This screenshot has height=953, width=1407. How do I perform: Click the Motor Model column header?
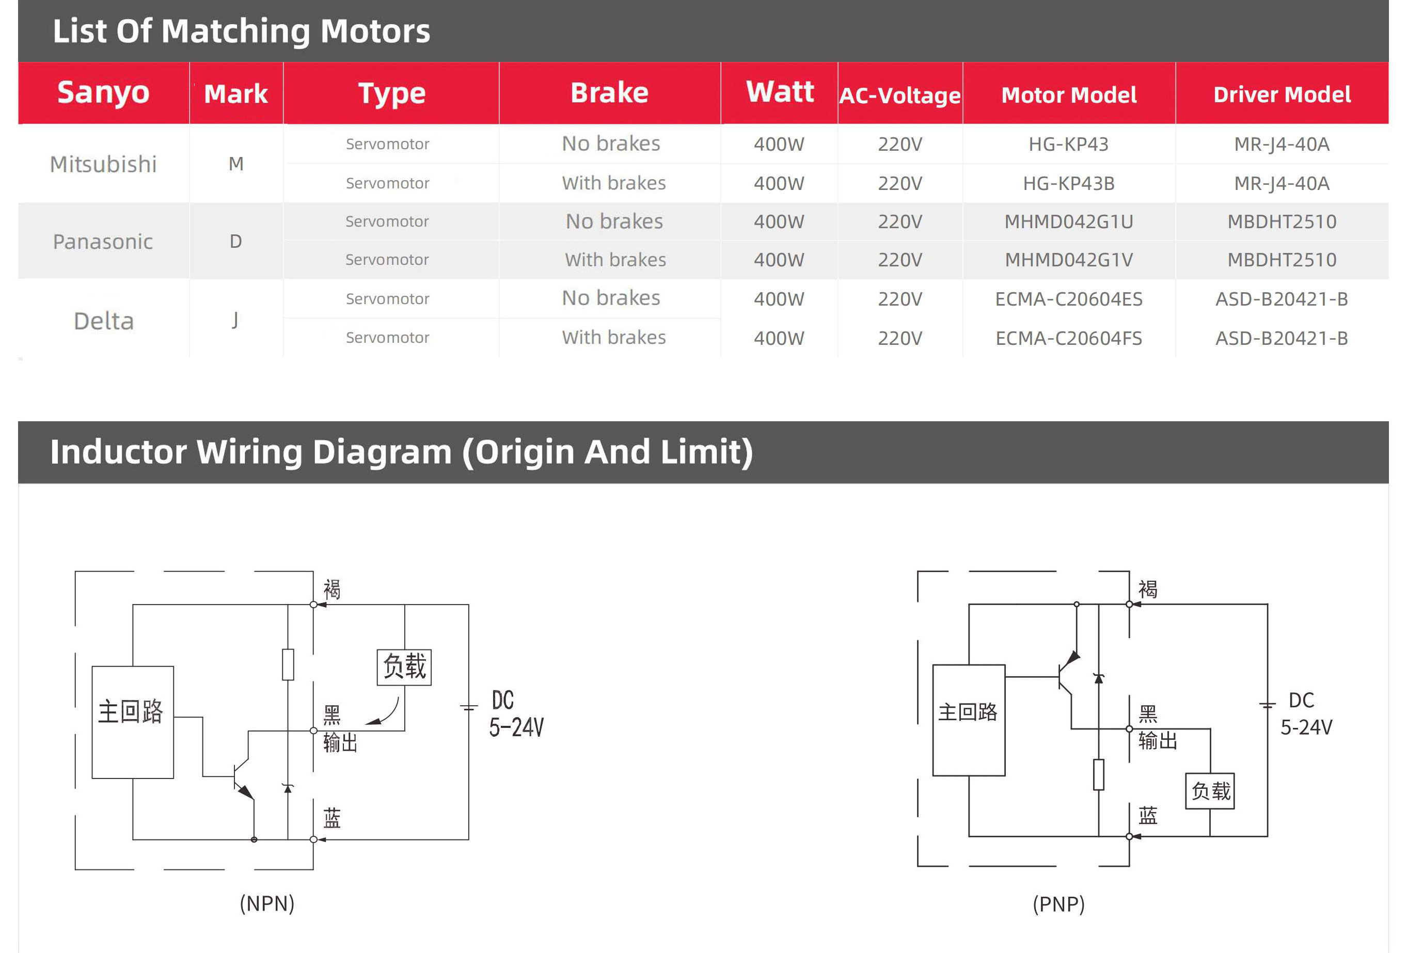pos(1069,95)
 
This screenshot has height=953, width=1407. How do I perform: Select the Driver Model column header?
pos(1282,94)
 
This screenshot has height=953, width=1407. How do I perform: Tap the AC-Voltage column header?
pos(899,96)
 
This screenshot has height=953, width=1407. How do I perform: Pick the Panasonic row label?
pos(103,242)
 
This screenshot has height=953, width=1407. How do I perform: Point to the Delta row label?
pos(104,321)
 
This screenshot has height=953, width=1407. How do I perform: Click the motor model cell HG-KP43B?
pos(1069,183)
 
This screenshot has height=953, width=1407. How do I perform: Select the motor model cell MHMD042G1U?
pos(1069,221)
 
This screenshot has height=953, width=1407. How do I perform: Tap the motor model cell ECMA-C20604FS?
pos(1069,338)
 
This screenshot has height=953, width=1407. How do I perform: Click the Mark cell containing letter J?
pos(235,320)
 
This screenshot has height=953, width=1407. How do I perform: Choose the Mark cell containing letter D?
pos(235,242)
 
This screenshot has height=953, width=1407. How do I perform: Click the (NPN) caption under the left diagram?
pos(267,903)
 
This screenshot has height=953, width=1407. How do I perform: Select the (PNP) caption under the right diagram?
pos(1058,904)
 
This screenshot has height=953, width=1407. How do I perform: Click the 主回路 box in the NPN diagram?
pos(133,722)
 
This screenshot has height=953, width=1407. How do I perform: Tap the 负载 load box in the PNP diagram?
pos(1210,791)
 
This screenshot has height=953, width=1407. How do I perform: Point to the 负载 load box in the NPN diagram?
pos(404,667)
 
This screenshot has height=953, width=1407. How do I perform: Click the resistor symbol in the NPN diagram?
pos(288,664)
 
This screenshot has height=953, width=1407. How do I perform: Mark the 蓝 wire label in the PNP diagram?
pos(1148,816)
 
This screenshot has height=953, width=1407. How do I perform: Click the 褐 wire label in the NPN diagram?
pos(332,589)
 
